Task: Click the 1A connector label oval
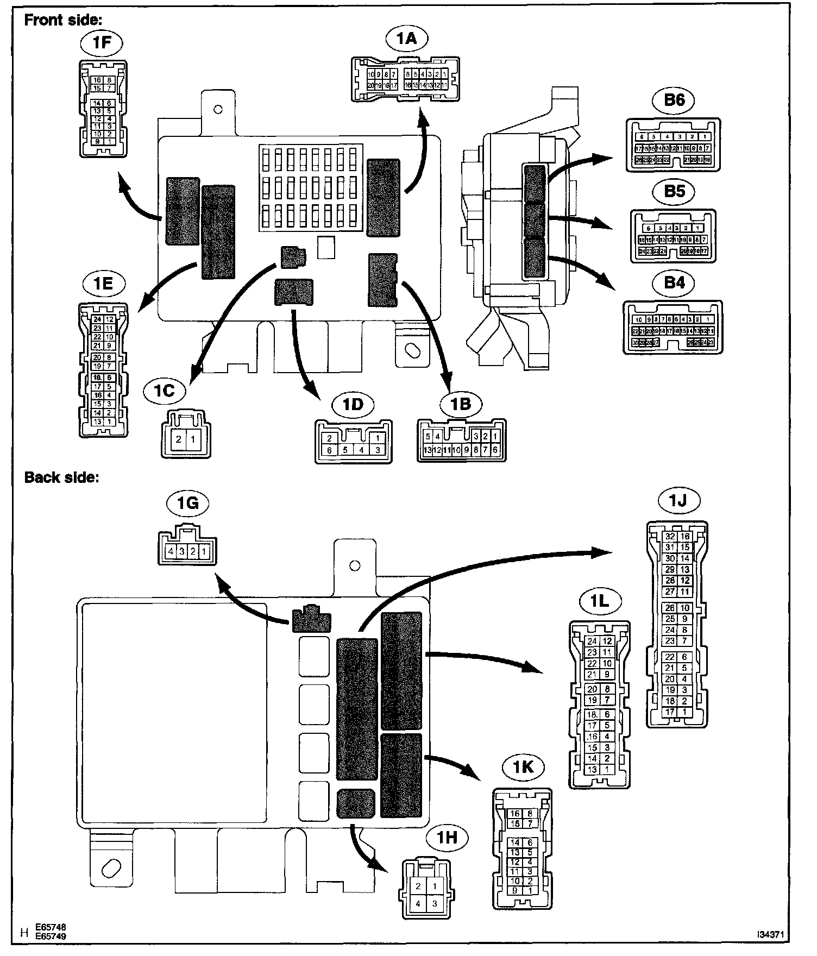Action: click(407, 39)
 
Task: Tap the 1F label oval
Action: click(102, 43)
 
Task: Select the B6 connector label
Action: click(674, 100)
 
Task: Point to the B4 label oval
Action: click(674, 284)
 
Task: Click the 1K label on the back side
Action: click(523, 767)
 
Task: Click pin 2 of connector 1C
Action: click(179, 439)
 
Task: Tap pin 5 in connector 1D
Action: click(345, 450)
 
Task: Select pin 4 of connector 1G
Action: click(171, 551)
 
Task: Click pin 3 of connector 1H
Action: click(435, 903)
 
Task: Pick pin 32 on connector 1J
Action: click(670, 537)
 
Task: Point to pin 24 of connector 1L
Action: click(592, 641)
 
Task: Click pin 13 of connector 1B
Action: click(428, 450)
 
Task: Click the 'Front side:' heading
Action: click(63, 20)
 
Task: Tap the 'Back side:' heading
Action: click(61, 478)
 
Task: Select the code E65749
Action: click(51, 936)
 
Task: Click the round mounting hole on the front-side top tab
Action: click(218, 110)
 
